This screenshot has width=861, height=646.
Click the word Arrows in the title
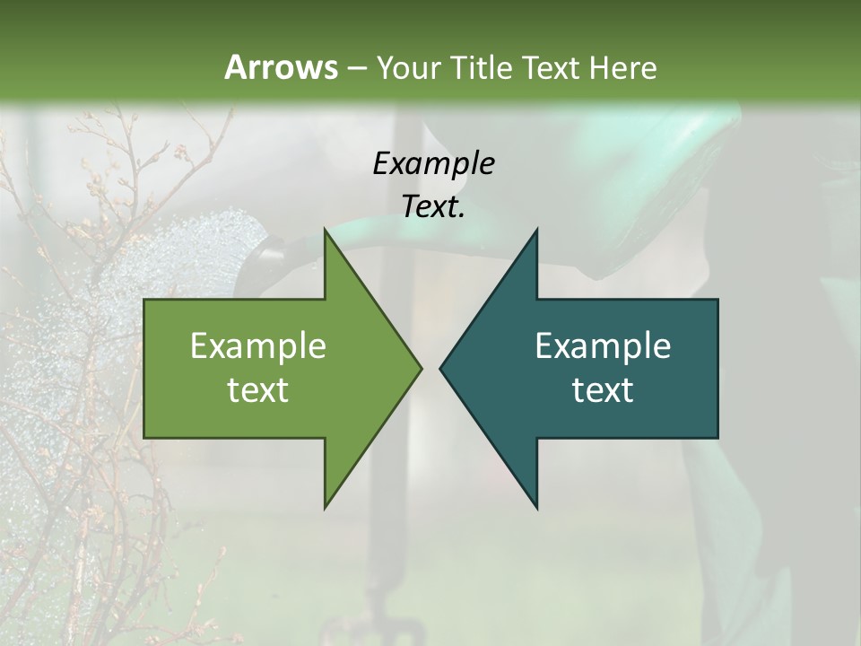point(280,67)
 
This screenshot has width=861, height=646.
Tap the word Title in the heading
point(481,67)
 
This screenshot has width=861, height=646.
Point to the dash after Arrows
point(356,68)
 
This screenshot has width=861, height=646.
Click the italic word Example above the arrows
point(433,164)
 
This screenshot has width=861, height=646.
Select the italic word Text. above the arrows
point(433,207)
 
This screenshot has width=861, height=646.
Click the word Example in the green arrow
point(258,346)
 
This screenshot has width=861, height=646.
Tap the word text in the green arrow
point(258,389)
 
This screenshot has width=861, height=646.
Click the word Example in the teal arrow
point(603,346)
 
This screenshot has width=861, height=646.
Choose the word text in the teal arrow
point(603,389)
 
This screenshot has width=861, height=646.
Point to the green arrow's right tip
point(421,368)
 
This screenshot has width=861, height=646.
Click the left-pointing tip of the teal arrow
point(440,368)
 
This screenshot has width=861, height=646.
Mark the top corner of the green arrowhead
point(326,230)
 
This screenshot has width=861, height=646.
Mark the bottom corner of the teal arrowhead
point(536,508)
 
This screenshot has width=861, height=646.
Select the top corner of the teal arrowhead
point(536,230)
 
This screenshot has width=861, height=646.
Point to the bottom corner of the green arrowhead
point(326,508)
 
